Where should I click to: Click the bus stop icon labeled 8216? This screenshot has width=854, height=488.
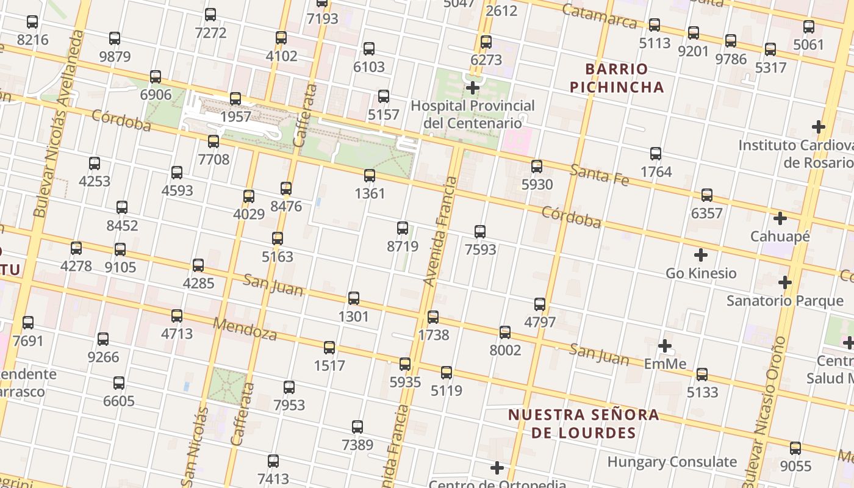pyautogui.click(x=32, y=22)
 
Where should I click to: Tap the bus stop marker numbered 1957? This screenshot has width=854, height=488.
pyautogui.click(x=235, y=98)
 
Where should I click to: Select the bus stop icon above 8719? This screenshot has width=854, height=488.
pyautogui.click(x=403, y=228)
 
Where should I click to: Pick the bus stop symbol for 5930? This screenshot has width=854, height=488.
pyautogui.click(x=537, y=166)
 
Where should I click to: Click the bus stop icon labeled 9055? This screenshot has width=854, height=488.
pyautogui.click(x=795, y=448)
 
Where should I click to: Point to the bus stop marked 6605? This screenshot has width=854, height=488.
pyautogui.click(x=119, y=383)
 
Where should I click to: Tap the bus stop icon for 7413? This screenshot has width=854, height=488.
pyautogui.click(x=273, y=461)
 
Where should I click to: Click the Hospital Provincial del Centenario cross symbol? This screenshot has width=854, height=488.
pyautogui.click(x=473, y=88)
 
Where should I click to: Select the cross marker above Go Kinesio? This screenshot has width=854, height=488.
pyautogui.click(x=701, y=254)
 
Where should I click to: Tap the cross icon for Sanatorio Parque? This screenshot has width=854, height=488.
pyautogui.click(x=785, y=282)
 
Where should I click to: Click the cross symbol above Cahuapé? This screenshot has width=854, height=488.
pyautogui.click(x=780, y=218)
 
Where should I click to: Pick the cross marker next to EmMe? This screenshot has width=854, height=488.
pyautogui.click(x=665, y=346)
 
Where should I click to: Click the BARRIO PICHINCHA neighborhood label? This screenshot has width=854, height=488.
pyautogui.click(x=617, y=77)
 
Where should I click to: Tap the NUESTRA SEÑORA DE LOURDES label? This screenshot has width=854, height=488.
pyautogui.click(x=584, y=424)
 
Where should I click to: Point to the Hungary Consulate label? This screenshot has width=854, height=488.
pyautogui.click(x=672, y=462)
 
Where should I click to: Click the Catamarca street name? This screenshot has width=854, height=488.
pyautogui.click(x=599, y=17)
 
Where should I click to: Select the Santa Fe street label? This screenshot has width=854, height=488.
pyautogui.click(x=599, y=174)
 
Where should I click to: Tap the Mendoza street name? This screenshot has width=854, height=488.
pyautogui.click(x=245, y=329)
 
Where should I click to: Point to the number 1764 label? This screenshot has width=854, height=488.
pyautogui.click(x=656, y=172)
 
